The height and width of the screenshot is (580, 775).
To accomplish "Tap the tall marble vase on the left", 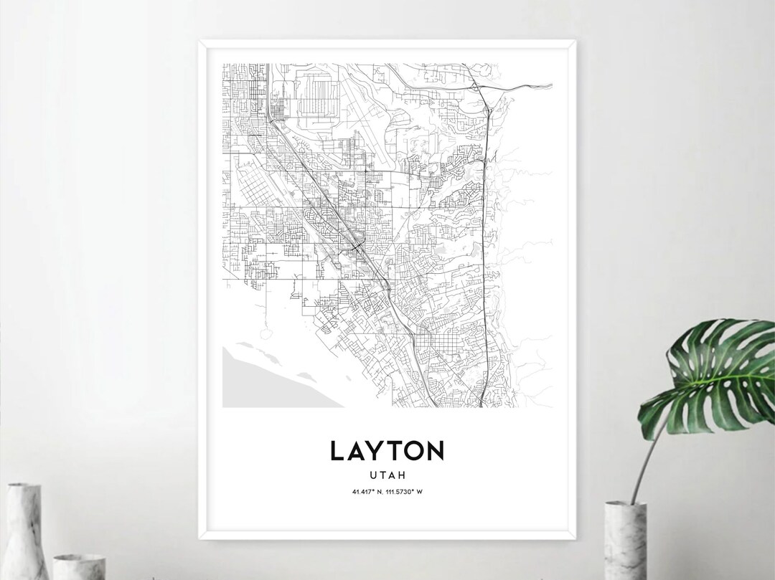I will (24, 531).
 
